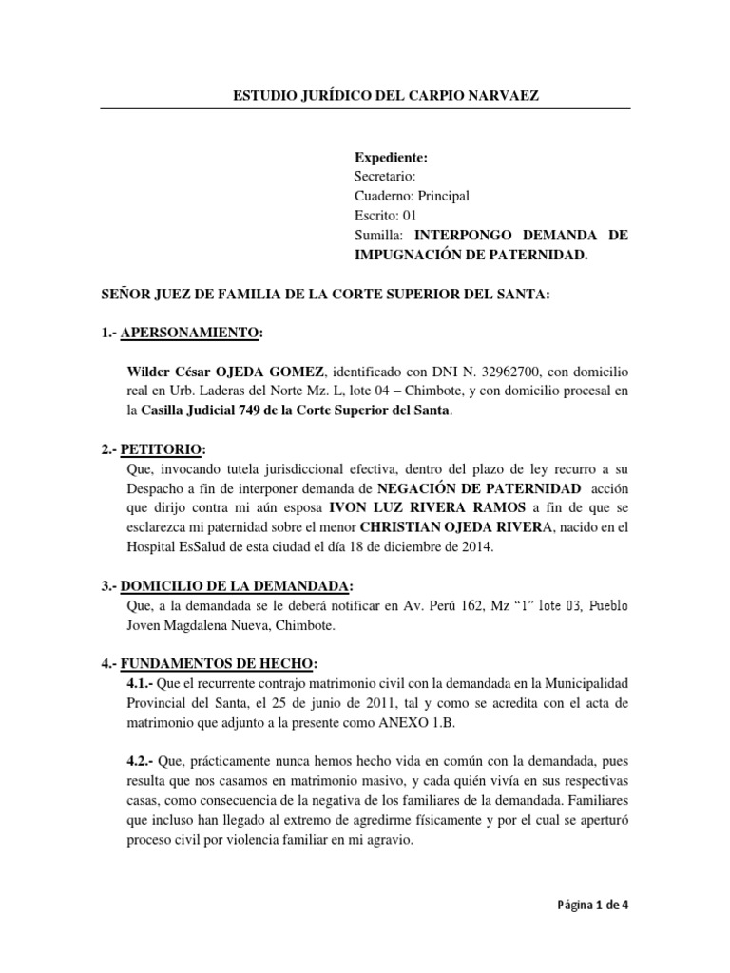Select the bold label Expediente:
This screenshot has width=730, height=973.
click(x=391, y=158)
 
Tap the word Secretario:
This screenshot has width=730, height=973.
click(x=384, y=177)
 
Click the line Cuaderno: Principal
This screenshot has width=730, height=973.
click(x=412, y=196)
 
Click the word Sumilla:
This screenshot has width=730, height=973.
click(x=379, y=234)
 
